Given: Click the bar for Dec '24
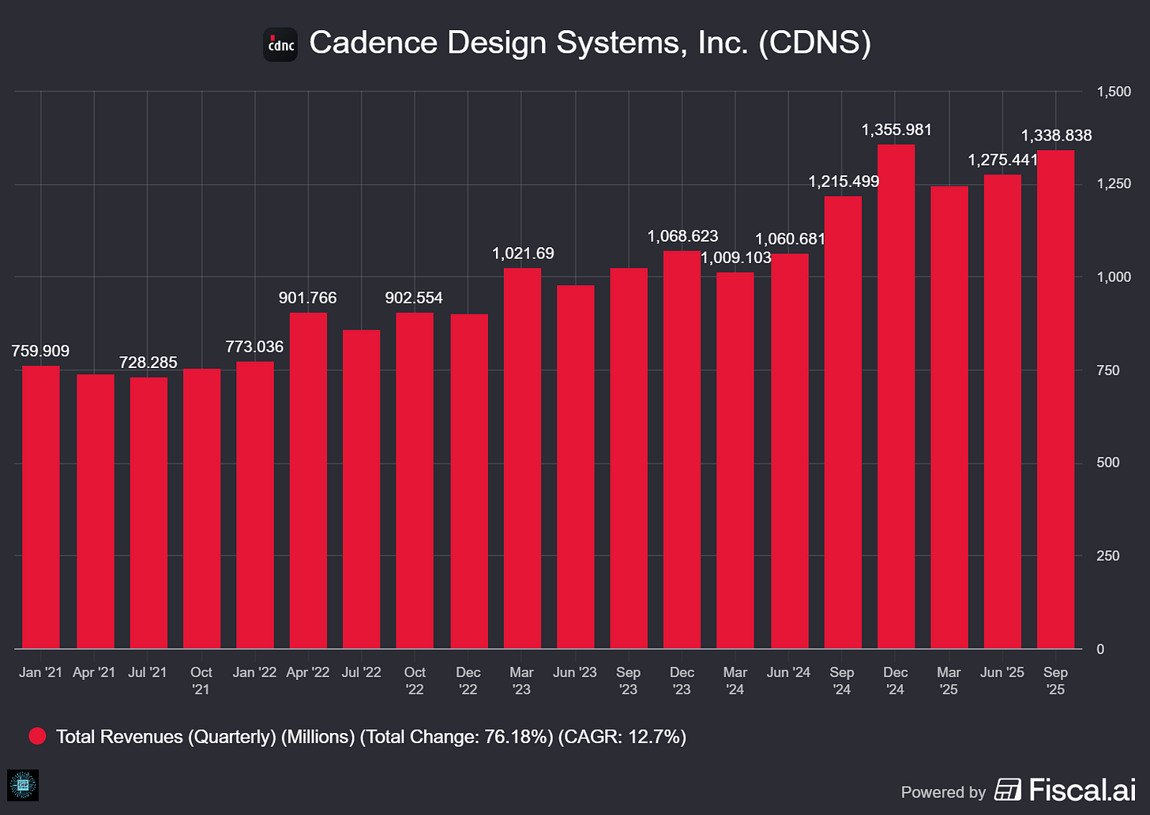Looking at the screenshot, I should coord(896,396).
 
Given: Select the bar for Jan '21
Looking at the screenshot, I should coord(41,507).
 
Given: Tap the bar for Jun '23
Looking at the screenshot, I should coord(575,467).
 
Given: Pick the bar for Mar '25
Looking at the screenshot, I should coord(949,418).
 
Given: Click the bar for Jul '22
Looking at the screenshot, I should coord(361,489).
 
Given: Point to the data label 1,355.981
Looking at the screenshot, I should coord(896,130).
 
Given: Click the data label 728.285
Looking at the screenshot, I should coord(148,362).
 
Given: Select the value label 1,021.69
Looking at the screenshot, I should coord(523,254).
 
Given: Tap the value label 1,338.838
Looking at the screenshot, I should coord(1056,136).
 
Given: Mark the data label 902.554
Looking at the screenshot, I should coord(414,298).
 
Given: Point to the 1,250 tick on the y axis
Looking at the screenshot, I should coord(1114,184).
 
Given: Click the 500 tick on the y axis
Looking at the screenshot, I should coord(1108,463).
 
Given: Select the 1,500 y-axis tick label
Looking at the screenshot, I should coord(1114,92).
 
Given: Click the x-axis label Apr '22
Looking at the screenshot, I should coord(308,672).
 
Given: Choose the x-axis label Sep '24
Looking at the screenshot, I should coord(842,680).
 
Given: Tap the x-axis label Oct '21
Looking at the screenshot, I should coord(201,680).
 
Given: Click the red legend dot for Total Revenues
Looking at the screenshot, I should coord(37,737).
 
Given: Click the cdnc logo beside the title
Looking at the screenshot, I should coord(280,44).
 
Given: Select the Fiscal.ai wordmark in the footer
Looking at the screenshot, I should coord(1081,790).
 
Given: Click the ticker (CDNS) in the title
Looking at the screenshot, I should coord(814,43).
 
